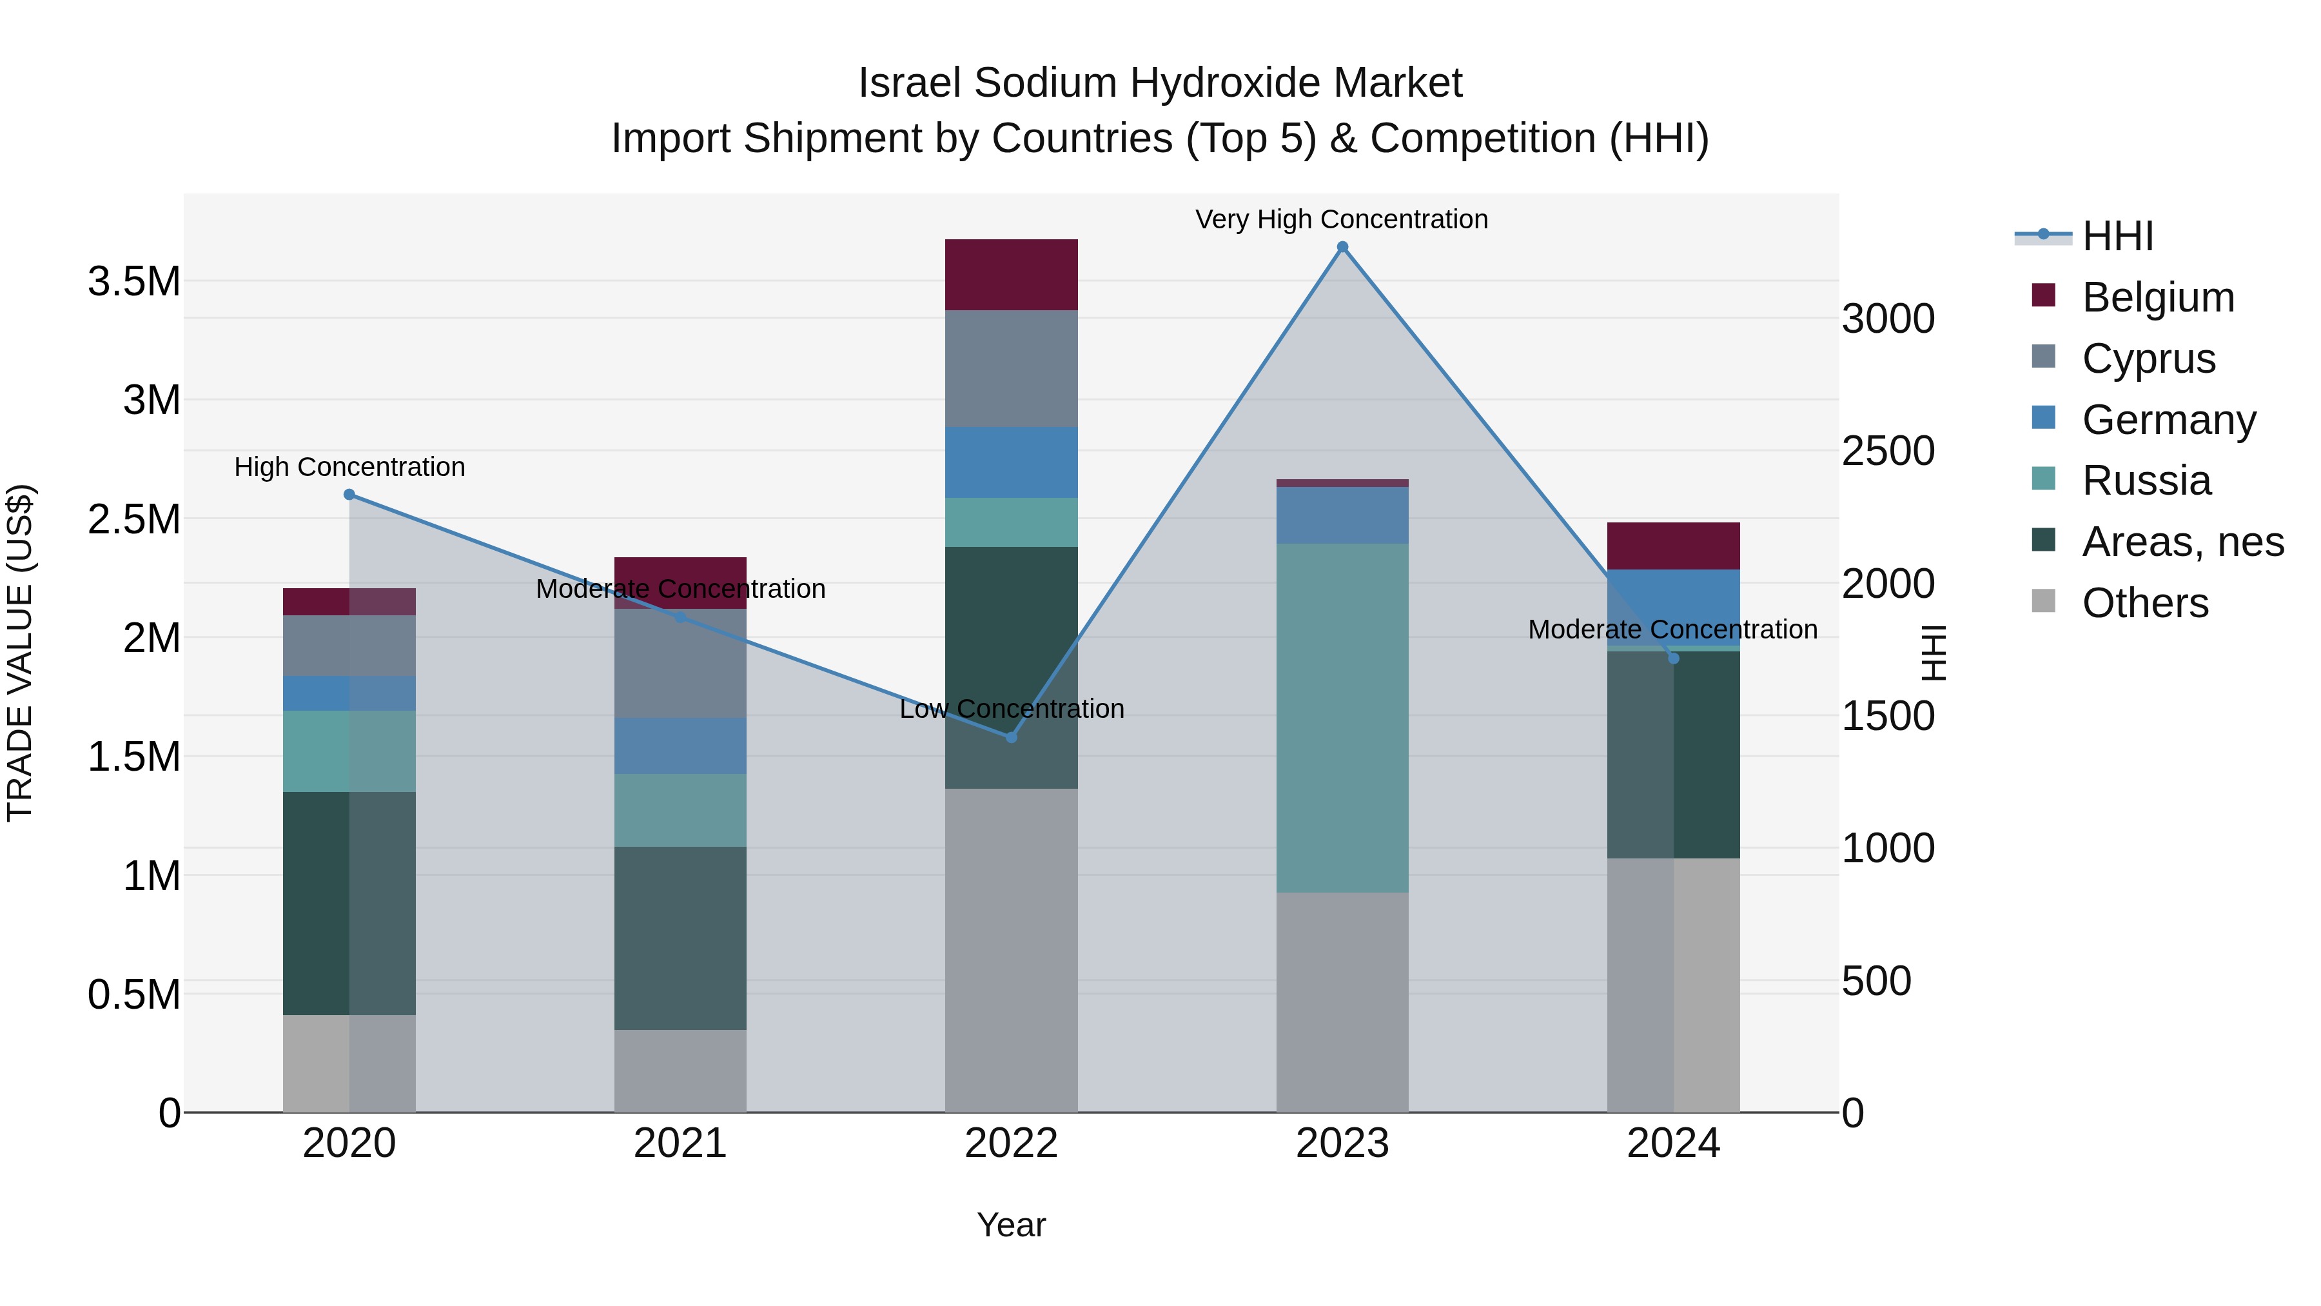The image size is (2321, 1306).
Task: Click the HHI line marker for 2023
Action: coord(1342,247)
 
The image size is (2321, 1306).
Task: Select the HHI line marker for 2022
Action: coord(1011,737)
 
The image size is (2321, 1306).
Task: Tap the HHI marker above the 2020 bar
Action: coord(349,495)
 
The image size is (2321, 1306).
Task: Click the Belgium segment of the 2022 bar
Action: coord(1011,275)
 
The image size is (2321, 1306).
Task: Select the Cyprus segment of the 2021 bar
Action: coord(680,664)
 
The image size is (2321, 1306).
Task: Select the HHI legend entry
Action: coord(2117,236)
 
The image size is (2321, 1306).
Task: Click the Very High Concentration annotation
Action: coord(1342,220)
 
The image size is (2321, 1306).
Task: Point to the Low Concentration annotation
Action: coord(1011,709)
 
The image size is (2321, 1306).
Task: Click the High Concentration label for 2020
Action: coord(349,467)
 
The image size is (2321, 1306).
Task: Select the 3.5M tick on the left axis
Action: coord(133,282)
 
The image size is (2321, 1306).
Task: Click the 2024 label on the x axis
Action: coord(1673,1143)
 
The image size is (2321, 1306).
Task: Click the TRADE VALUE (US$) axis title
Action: coord(20,653)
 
